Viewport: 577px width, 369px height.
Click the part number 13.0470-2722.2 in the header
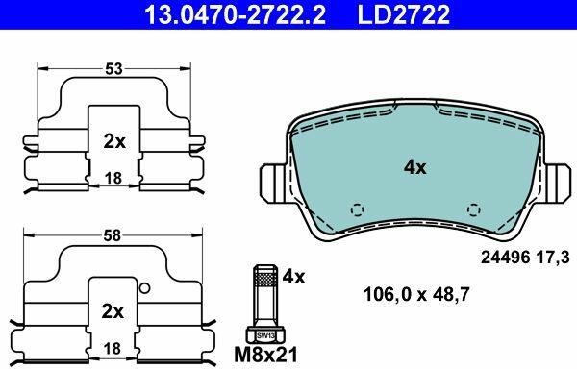pos(235,14)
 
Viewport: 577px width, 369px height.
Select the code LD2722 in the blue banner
pos(404,14)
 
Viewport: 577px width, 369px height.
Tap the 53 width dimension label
pos(113,69)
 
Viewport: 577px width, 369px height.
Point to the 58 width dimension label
pos(113,235)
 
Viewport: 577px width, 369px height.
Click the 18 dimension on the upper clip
pos(113,179)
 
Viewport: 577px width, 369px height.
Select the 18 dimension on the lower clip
pos(113,349)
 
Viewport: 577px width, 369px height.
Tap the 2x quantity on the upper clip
pos(114,141)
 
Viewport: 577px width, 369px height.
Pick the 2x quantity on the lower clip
pos(113,311)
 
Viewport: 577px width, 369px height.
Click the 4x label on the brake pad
pos(415,167)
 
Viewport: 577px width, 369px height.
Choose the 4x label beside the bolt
pos(293,277)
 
